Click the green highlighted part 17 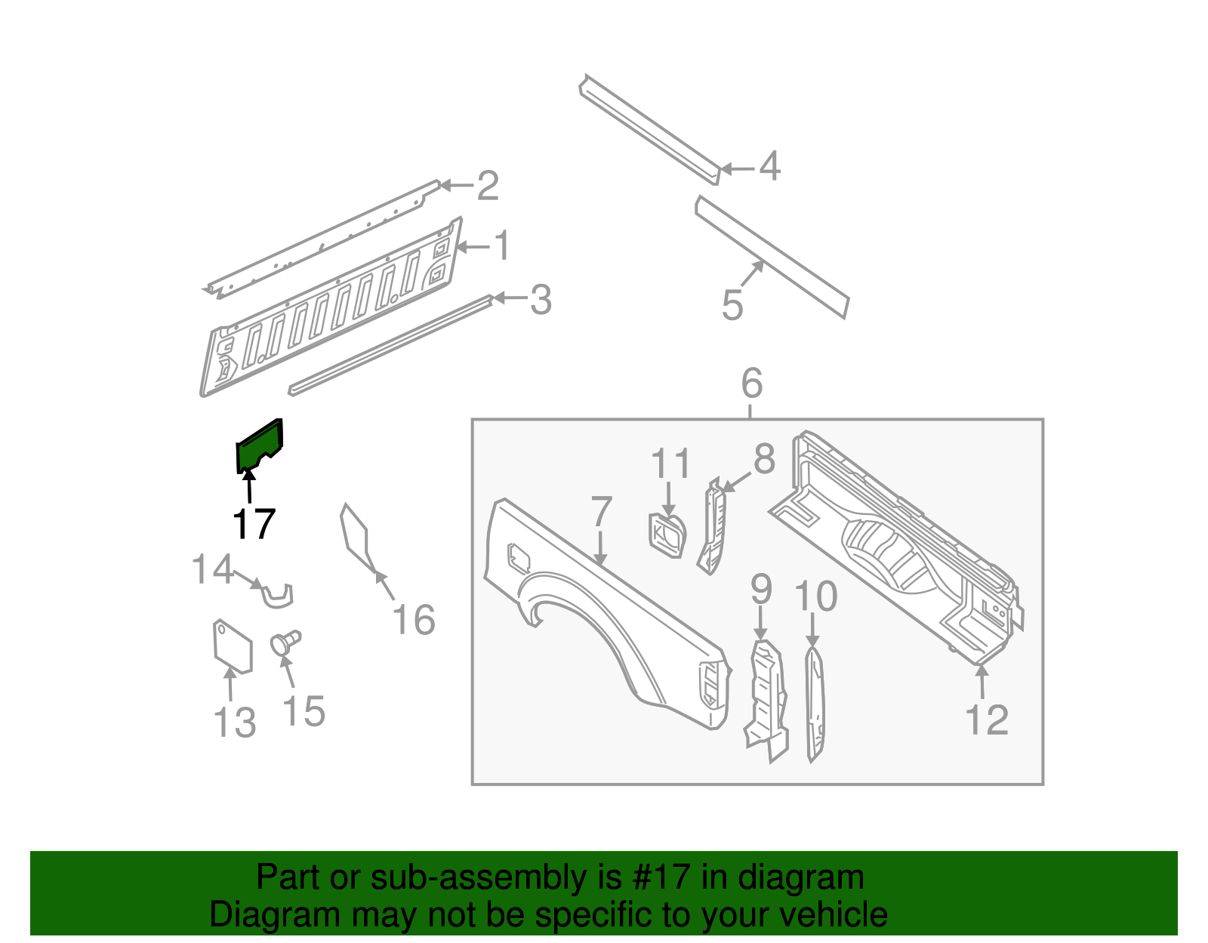point(258,447)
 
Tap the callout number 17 point(253,523)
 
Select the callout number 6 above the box point(751,384)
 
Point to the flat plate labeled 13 point(232,646)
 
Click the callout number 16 point(414,620)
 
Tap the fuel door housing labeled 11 point(667,535)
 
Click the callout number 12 point(987,720)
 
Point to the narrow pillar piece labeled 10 point(814,702)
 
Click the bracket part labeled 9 point(766,698)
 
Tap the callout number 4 point(769,166)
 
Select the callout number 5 point(732,305)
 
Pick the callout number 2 point(488,186)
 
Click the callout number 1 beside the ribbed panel point(501,246)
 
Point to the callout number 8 point(764,459)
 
